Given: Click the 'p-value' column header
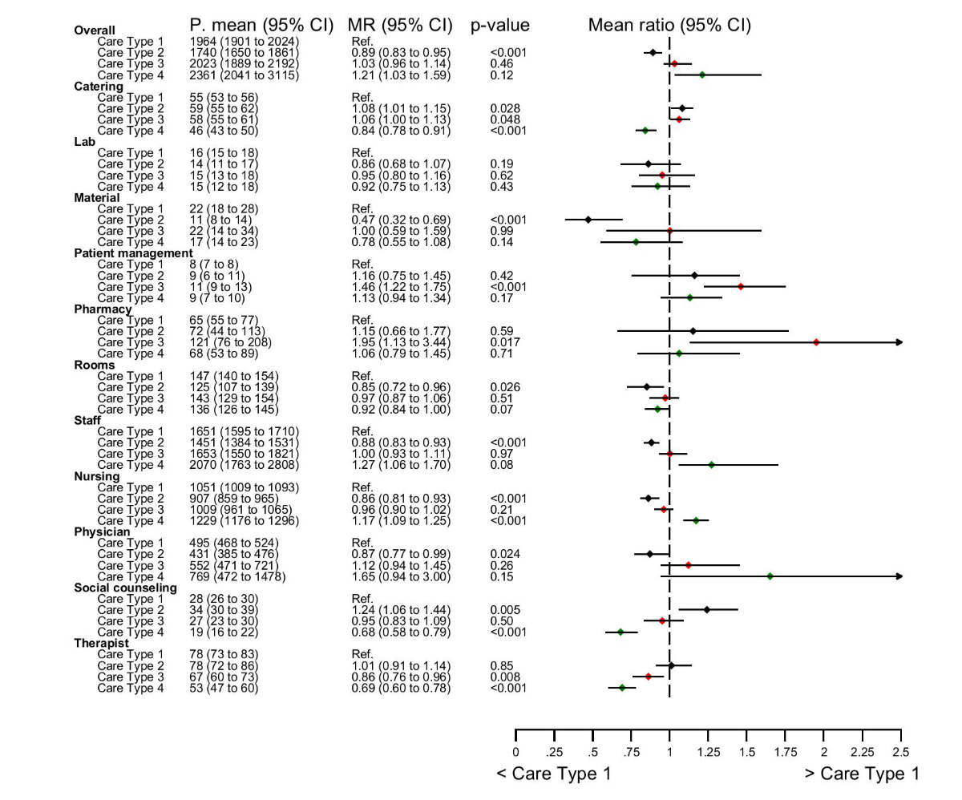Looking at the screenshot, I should (x=500, y=26).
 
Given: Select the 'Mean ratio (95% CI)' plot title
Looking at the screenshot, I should (x=669, y=25).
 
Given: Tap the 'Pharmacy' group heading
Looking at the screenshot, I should (x=103, y=309).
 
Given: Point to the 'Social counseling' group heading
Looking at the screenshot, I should (x=125, y=588).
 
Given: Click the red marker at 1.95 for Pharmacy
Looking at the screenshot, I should (x=816, y=342).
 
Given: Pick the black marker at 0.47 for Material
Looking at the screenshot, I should (x=588, y=220).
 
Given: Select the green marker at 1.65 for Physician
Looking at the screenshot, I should (x=770, y=576).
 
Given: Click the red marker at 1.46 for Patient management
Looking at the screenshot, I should (x=741, y=286).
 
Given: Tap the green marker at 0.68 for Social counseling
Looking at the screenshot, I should (x=620, y=632).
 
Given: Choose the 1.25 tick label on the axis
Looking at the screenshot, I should (x=708, y=752).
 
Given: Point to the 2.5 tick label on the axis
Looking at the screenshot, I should (x=901, y=752).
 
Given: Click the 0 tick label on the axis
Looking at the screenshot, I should (x=515, y=752).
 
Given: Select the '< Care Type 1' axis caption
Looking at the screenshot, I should (x=553, y=774).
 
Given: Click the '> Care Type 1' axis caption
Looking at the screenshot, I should (x=862, y=774).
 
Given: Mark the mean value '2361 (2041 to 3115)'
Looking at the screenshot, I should (x=245, y=75).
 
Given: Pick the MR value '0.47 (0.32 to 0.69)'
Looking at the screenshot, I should (x=401, y=220).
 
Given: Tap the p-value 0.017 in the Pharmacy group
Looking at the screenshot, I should (x=505, y=342).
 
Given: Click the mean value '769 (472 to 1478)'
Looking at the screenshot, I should (x=237, y=576).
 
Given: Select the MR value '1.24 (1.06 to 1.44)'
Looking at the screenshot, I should (x=401, y=610).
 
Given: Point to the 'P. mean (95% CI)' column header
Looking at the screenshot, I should (x=261, y=26).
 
